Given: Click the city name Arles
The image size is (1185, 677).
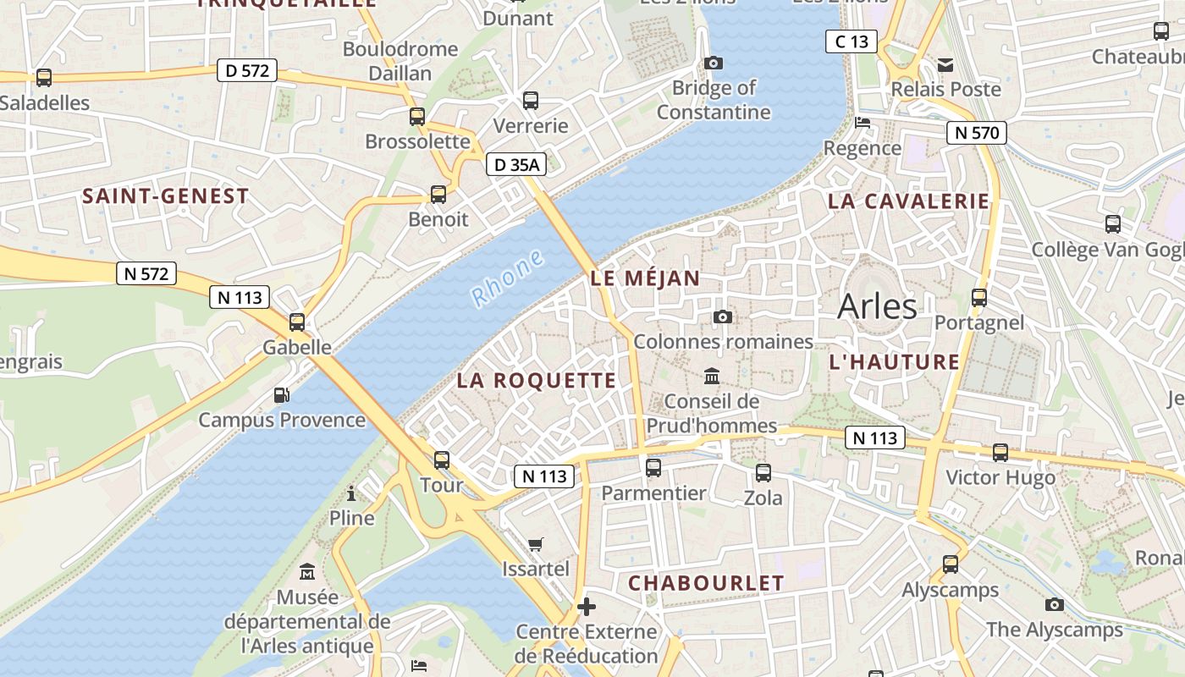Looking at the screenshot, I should tap(877, 306).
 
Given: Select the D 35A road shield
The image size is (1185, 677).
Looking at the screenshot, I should tap(515, 165).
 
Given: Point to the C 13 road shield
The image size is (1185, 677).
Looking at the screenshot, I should tap(852, 41).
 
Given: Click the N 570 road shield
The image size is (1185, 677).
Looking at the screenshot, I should tap(976, 132).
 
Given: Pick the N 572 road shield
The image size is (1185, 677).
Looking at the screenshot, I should tap(146, 273).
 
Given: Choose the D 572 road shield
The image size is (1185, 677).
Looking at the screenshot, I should tap(247, 70).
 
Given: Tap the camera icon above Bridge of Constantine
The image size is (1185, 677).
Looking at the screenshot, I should tap(714, 63).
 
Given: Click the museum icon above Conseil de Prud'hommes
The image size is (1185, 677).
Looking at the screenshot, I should tap(712, 376).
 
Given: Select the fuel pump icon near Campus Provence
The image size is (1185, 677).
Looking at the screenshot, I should tap(281, 394).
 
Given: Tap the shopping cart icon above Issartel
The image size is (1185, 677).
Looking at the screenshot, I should tap(535, 544).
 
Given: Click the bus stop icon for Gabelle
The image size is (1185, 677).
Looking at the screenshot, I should tap(296, 322).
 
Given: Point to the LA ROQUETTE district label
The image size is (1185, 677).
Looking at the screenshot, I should tap(537, 381).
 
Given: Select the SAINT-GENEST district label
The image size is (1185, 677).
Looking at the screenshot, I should tap(166, 196).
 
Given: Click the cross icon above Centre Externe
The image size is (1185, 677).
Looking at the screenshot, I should tap(586, 606).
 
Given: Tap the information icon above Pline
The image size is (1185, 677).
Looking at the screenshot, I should tap(351, 493).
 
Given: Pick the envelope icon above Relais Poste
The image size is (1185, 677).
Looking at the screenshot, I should tap(945, 64).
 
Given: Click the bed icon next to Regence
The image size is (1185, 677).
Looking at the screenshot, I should tap(863, 123).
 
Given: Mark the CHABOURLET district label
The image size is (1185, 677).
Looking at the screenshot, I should tap(706, 583).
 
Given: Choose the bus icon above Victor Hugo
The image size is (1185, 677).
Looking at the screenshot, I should tap(1000, 453).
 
